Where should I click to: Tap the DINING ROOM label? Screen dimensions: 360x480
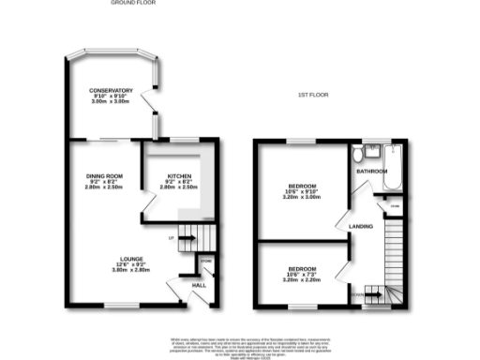tap(105, 176)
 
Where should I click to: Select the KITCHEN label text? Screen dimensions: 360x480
tap(180, 176)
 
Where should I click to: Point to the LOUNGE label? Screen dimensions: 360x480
tap(129, 259)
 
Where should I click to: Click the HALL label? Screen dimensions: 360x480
tap(199, 284)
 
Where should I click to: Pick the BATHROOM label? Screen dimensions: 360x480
tap(371, 172)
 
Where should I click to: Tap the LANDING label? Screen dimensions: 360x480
tap(361, 227)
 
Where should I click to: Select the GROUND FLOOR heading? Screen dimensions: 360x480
tap(131, 4)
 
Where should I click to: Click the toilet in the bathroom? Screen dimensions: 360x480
tap(359, 153)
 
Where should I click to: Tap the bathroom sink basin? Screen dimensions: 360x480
tap(372, 148)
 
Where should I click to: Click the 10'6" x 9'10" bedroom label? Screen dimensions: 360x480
tap(302, 185)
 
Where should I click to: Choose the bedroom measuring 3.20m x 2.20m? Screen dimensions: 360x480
tap(302, 279)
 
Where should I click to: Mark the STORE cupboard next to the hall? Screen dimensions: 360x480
tap(204, 262)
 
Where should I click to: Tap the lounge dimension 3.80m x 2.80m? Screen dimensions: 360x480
tap(129, 270)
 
